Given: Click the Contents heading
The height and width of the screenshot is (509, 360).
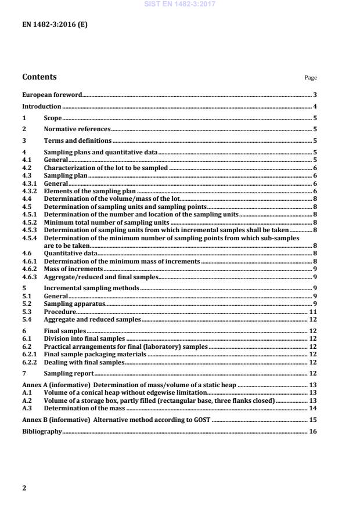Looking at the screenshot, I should [39, 77].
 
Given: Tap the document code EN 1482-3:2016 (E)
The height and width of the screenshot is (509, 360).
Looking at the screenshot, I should [55, 26].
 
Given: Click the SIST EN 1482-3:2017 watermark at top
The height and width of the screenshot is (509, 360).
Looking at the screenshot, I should [179, 4].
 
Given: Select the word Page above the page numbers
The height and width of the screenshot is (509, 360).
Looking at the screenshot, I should [311, 78].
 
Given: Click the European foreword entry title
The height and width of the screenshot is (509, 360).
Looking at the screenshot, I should [52, 94].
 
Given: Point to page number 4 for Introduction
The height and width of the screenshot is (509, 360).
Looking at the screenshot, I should [314, 106].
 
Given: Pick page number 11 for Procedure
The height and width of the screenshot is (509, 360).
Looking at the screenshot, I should [313, 312].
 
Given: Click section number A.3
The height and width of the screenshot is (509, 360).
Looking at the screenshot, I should [27, 409].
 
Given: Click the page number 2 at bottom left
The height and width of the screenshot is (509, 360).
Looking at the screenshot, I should [24, 488].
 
